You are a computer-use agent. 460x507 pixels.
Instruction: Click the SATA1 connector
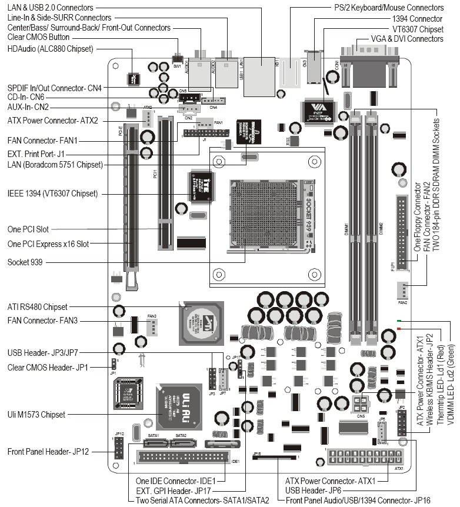(x=156, y=442)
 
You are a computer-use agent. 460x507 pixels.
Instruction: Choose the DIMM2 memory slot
(x=372, y=229)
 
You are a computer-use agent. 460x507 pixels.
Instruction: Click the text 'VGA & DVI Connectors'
(x=406, y=38)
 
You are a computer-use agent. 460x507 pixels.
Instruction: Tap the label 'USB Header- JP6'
(x=314, y=489)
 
